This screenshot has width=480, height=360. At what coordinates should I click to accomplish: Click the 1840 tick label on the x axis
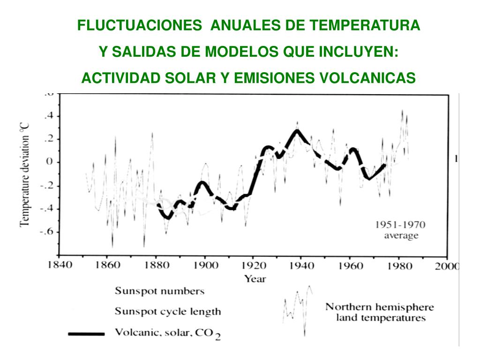pos(59,266)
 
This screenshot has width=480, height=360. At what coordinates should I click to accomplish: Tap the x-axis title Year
pos(255,279)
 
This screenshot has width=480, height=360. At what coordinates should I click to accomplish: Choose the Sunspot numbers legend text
pos(160,291)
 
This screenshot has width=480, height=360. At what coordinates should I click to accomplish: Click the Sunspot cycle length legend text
pos(168,311)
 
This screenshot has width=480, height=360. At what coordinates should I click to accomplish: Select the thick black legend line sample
pos(86,334)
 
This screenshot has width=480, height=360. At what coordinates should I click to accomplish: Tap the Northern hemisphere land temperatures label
pos(380,313)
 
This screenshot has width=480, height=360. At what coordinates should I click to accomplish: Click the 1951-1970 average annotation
pos(401,230)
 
